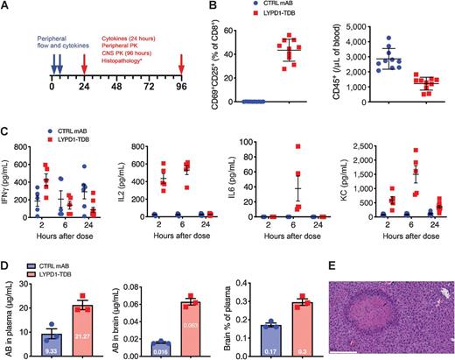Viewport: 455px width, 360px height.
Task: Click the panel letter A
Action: [6, 7]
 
